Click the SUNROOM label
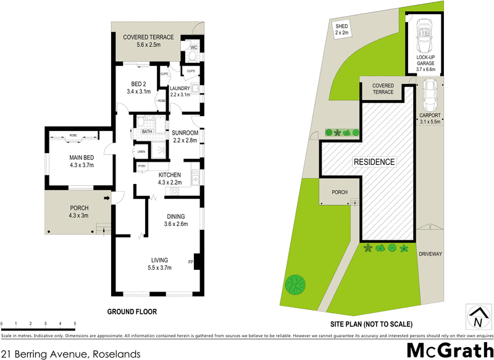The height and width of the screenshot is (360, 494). [x=185, y=133]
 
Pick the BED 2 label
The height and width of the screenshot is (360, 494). [x=138, y=85]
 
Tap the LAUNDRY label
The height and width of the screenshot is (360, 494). [x=183, y=88]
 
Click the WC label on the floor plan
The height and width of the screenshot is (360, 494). [x=193, y=48]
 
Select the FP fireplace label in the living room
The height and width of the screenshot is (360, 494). [x=191, y=262]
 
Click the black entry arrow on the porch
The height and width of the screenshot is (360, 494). [x=107, y=198]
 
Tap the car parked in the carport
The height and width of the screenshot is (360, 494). [x=429, y=96]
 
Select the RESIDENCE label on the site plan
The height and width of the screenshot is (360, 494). [x=374, y=162]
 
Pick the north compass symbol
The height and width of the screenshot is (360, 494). [x=476, y=316]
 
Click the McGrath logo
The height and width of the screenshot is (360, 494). [x=442, y=350]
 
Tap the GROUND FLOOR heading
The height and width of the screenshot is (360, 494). [x=132, y=312]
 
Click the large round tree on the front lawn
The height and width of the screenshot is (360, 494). [x=296, y=285]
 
